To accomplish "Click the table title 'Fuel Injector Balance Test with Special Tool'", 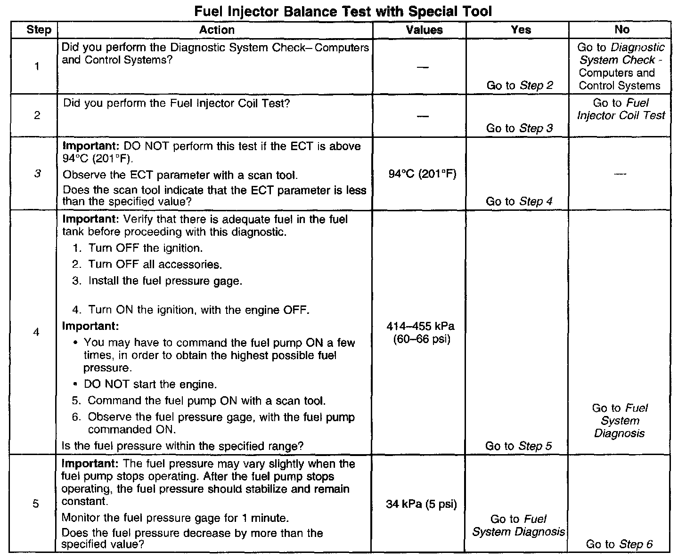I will coord(343,11).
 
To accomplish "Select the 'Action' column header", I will coord(216,30).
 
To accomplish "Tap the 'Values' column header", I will coord(424,30).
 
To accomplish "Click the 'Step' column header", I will coord(39,30).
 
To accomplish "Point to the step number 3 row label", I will coord(37,174).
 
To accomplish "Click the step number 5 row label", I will coord(36,504).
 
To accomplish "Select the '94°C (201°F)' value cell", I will coord(423,175).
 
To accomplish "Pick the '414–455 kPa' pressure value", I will coord(421,327).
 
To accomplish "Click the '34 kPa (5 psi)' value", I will coord(421,504).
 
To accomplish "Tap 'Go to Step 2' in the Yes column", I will coord(520,85).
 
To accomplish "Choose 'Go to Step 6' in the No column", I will coord(619,544).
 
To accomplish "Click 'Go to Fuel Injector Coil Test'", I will coord(621,109).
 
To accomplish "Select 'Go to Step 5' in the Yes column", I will coord(518,446).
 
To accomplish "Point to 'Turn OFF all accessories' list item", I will coord(154,264).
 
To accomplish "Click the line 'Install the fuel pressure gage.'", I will coord(165,281).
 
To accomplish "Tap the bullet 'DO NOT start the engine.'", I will coord(150,384).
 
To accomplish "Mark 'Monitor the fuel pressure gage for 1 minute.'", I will coord(175,518).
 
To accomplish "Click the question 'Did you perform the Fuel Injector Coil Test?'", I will coord(176,103).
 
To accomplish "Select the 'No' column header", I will coord(622,30).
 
